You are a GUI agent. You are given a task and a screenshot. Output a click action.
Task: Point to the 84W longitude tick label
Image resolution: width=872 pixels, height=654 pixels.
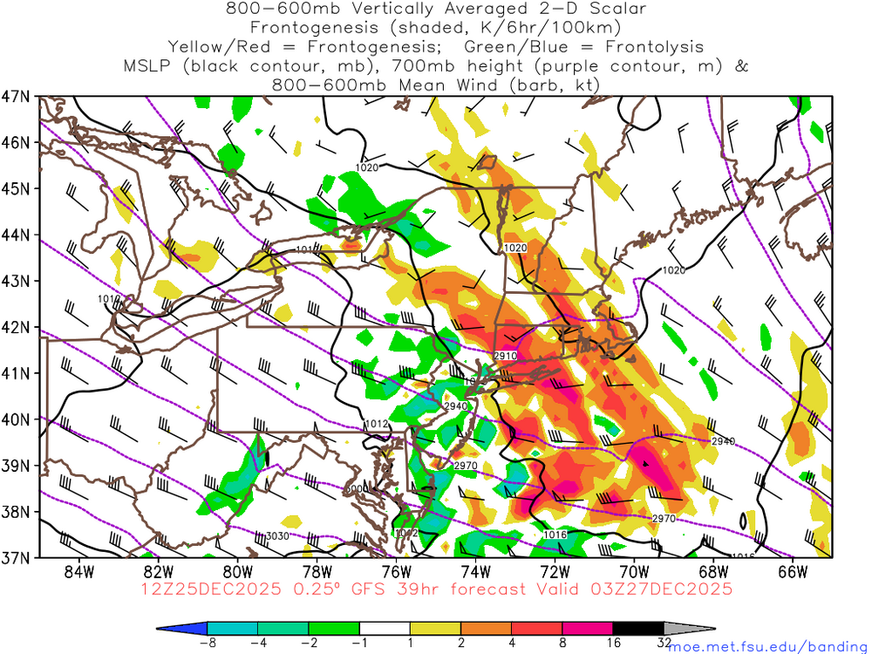[x=78, y=571]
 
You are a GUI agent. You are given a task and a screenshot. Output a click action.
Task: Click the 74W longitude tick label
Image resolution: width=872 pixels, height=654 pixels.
[x=475, y=571]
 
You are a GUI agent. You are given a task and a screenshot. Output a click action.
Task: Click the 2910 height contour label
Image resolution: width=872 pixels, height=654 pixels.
[x=506, y=356]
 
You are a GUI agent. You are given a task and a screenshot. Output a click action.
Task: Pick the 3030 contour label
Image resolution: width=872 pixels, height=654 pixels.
[x=276, y=535]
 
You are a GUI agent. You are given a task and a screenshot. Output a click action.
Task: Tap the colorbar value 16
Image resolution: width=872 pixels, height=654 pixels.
[x=613, y=643]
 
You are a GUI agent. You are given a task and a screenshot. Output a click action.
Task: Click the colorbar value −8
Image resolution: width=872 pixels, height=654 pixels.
[x=208, y=643]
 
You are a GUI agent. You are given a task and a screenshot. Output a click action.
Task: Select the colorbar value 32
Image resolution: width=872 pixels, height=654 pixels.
[x=664, y=643]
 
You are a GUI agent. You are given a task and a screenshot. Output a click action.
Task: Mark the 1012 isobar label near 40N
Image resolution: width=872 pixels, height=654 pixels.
[x=376, y=425]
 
